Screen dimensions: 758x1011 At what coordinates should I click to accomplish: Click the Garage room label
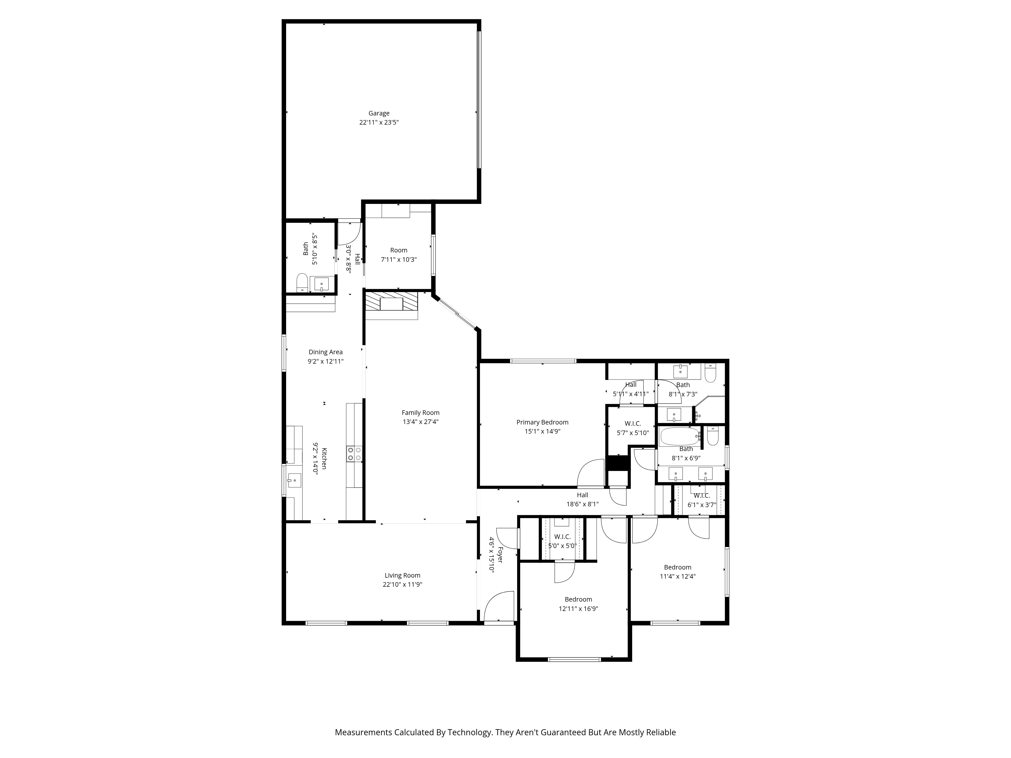379,113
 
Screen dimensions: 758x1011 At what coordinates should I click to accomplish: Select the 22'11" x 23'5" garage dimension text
379,123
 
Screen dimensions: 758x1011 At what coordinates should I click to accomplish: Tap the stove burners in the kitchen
354,454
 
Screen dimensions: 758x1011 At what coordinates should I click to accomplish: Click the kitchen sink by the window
294,480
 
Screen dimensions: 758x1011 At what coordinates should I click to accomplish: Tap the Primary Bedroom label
542,422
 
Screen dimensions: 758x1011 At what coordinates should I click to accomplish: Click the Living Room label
402,575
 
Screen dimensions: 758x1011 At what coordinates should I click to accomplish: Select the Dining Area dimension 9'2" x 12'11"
326,361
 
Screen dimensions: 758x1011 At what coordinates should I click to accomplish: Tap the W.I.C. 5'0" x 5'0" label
562,537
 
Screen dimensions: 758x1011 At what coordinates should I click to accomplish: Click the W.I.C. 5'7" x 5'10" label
633,423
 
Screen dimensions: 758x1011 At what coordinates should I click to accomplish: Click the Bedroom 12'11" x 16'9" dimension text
578,609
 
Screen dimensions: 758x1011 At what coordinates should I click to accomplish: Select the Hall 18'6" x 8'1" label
582,495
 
